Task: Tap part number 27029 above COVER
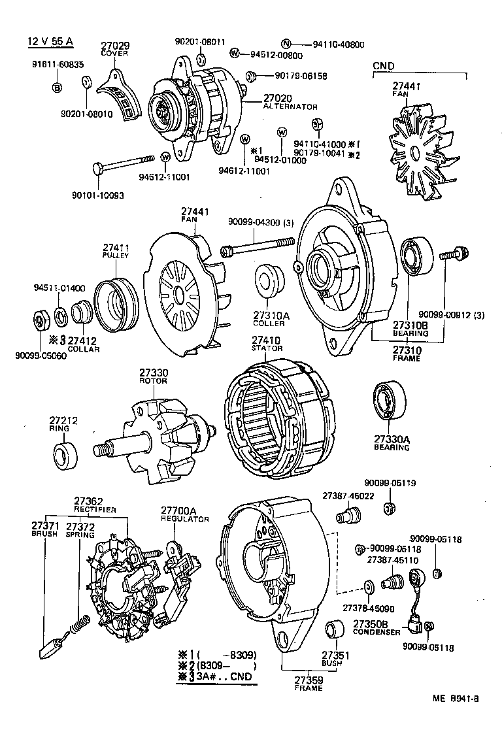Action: pos(114,46)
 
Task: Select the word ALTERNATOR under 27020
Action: pos(290,107)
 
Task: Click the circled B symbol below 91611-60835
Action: pos(57,88)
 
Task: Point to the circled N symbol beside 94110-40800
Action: pos(286,44)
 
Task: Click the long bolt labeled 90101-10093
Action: pos(124,163)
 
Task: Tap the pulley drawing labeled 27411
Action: pos(116,300)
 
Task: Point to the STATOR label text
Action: pos(267,348)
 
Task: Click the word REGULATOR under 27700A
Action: pos(185,519)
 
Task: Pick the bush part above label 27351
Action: pos(335,631)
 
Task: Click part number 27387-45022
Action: pos(348,496)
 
